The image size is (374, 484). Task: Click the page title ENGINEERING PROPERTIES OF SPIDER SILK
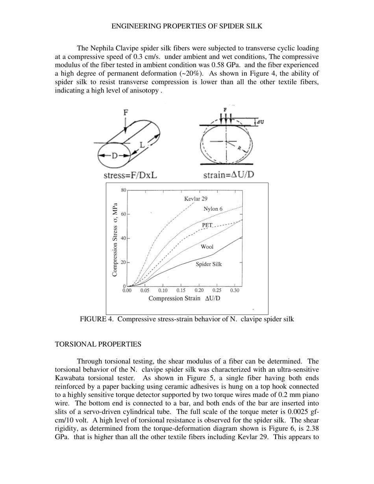tap(187, 26)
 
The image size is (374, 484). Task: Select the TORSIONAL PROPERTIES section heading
tap(98, 344)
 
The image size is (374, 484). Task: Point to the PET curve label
tap(207, 225)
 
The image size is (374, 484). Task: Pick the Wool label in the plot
tap(207, 247)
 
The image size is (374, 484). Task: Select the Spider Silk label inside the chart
tap(209, 264)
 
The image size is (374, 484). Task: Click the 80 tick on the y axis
tap(123, 190)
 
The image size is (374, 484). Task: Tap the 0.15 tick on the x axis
tap(181, 291)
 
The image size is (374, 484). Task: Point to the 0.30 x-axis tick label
tap(235, 291)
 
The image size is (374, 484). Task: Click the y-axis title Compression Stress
tap(115, 240)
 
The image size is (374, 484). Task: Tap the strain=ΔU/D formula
tap(228, 175)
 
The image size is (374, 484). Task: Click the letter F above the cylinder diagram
tap(126, 112)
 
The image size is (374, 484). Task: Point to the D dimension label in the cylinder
tap(114, 155)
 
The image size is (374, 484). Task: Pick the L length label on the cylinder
tap(143, 145)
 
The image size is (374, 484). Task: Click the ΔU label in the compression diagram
tap(260, 122)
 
